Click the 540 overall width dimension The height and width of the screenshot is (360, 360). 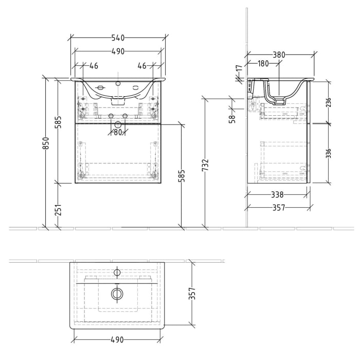click(118, 38)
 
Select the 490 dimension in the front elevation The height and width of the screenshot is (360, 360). click(118, 51)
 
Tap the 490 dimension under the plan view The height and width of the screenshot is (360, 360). click(118, 340)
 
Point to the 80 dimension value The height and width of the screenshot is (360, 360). click(118, 132)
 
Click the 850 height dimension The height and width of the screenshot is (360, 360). click(46, 143)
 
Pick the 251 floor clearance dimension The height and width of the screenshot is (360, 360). click(58, 210)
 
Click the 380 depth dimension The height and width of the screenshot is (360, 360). click(279, 55)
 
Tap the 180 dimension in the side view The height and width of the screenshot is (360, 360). click(262, 64)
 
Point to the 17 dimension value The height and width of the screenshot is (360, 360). click(239, 68)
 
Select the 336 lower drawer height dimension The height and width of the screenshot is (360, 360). click(329, 153)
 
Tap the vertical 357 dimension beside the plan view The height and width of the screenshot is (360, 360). click(192, 294)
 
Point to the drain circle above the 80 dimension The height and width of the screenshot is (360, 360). click(118, 124)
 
